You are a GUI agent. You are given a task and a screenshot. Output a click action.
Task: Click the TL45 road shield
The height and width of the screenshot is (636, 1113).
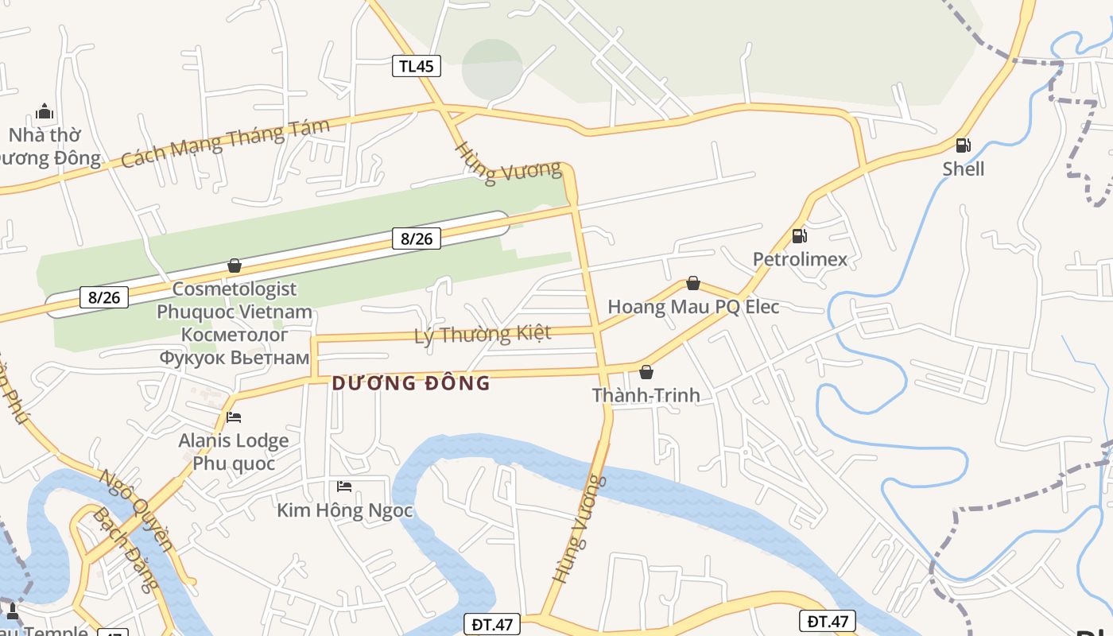417,66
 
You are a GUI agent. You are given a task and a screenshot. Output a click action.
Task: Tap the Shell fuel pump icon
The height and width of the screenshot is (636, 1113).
963,145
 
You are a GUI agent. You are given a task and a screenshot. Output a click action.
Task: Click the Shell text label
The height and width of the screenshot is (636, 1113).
964,169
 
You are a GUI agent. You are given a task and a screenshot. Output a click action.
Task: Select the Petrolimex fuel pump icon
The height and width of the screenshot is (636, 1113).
800,236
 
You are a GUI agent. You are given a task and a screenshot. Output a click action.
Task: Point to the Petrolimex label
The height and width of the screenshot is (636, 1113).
800,259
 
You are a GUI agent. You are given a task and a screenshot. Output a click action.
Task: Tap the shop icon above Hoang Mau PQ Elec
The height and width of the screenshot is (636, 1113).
693,283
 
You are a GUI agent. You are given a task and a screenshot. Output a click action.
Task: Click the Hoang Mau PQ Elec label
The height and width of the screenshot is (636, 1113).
693,307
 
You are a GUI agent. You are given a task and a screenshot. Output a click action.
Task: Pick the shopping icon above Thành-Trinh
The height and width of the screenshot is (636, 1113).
646,371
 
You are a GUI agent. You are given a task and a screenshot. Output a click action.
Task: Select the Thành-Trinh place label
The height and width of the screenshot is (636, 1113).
646,395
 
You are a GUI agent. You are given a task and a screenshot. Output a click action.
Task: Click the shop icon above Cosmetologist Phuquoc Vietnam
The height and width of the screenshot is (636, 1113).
235,266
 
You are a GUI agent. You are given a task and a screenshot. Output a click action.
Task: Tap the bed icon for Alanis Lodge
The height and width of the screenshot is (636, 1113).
234,417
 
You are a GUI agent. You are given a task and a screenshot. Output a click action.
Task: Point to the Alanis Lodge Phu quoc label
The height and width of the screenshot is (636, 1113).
234,452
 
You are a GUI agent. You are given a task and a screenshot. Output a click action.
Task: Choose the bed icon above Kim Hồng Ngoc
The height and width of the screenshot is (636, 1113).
344,486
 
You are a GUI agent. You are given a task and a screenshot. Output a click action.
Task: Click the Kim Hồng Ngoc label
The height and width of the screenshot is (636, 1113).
345,510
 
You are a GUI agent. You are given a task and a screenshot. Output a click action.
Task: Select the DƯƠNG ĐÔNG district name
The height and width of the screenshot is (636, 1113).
411,383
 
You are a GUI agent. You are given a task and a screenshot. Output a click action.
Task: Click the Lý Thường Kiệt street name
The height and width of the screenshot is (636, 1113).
483,334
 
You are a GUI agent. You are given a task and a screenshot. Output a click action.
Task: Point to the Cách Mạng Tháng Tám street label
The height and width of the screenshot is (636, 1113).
225,144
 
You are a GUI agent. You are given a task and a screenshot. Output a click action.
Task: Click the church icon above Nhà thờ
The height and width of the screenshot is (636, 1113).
45,111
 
